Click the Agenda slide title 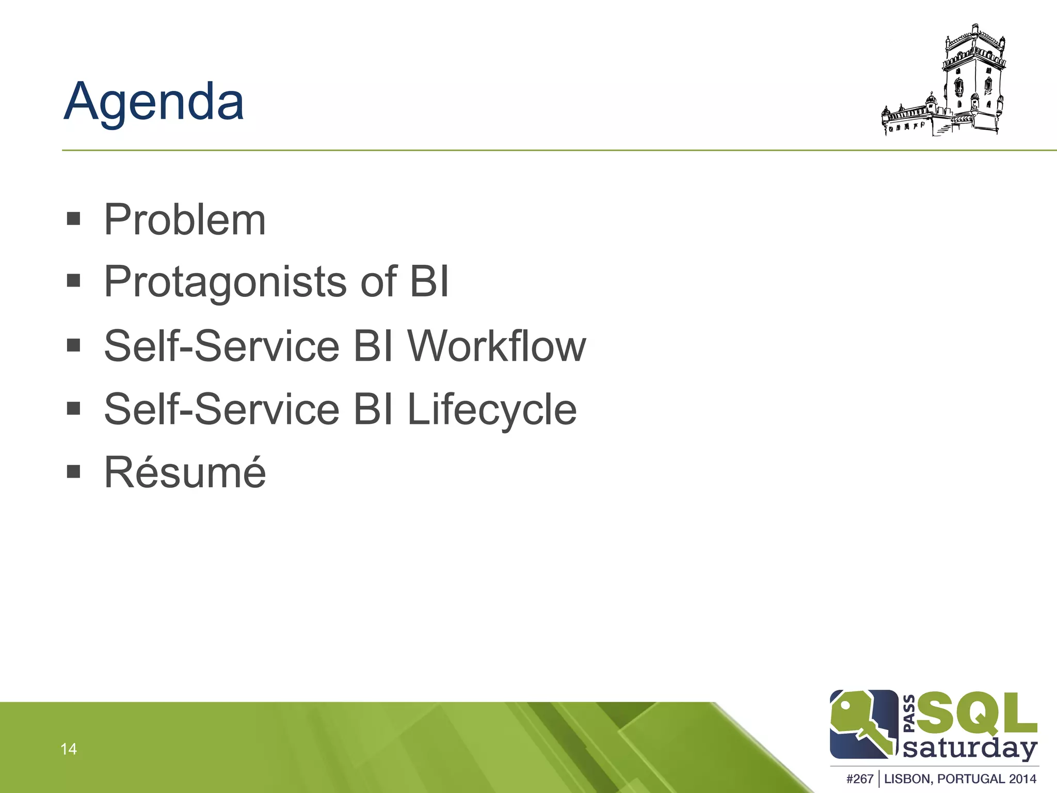tap(154, 102)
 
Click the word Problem tap(185, 220)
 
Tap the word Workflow tap(497, 346)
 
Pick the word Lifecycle tap(491, 409)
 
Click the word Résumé tap(185, 472)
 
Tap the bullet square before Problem tap(74, 218)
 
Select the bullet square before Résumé tap(74, 471)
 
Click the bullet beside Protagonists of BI tap(74, 281)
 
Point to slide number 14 tap(68, 749)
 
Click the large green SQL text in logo tap(975, 715)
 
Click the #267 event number tap(860, 779)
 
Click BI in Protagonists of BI tap(429, 282)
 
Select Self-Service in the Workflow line tap(222, 346)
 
